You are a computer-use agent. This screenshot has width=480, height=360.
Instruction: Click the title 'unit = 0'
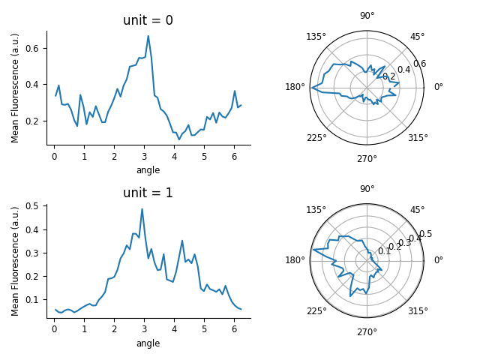(x=148, y=20)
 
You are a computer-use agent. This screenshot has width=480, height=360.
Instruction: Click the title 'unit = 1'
(x=148, y=193)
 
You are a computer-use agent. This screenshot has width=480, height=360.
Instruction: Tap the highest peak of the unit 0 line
(x=148, y=36)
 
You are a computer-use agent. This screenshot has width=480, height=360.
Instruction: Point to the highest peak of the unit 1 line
(x=142, y=209)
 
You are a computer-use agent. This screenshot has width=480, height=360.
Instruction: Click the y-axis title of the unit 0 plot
(x=16, y=88)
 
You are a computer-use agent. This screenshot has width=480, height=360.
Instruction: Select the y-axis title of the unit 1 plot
(x=16, y=260)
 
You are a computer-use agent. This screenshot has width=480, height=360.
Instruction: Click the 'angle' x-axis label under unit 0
(x=148, y=170)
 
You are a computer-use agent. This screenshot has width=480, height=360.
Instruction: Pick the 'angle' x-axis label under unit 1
(x=148, y=343)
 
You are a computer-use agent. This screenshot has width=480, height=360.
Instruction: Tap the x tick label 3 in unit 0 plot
(x=144, y=157)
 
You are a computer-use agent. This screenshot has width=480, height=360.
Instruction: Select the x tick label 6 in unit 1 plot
(x=234, y=329)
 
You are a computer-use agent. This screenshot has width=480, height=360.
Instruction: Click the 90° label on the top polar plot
(x=367, y=16)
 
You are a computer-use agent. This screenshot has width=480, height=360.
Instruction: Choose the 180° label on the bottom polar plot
(x=295, y=260)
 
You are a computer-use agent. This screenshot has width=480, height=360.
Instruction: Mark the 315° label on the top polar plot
(x=418, y=138)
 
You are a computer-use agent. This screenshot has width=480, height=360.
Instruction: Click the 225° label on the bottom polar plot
(x=316, y=310)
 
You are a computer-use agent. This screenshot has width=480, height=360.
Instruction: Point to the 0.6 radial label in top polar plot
(x=419, y=64)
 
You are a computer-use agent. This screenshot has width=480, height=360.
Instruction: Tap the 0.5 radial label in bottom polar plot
(x=425, y=234)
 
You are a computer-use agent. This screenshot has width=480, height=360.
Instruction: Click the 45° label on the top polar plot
(x=417, y=37)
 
